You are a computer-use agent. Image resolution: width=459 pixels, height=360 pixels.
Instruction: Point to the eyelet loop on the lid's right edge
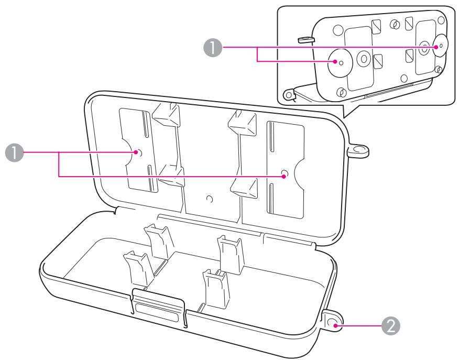[x=358, y=150]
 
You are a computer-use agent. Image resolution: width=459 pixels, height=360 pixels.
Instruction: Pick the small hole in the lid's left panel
[x=137, y=152]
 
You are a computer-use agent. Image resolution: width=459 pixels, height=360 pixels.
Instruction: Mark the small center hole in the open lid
[x=210, y=199]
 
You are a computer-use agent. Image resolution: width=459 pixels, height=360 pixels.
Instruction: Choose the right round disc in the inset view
[x=439, y=46]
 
